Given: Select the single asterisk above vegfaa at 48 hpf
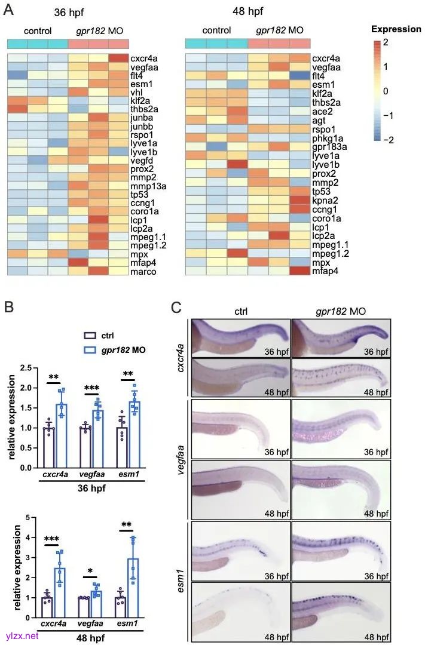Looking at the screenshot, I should click(x=90, y=572).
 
